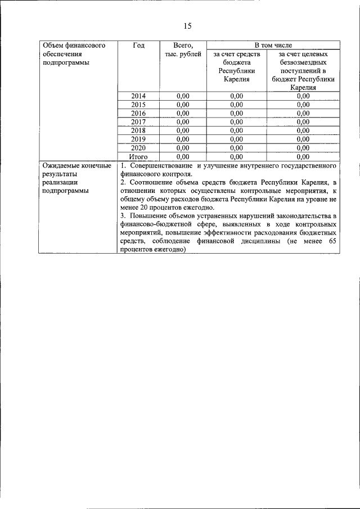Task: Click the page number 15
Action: tap(188, 26)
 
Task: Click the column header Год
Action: tap(138, 45)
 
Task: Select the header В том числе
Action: tap(273, 44)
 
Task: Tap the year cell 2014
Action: tap(138, 96)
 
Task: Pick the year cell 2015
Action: tap(138, 105)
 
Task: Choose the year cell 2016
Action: tap(138, 113)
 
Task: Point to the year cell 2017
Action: tap(138, 121)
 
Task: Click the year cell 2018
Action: tap(138, 130)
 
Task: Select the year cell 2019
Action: tap(138, 139)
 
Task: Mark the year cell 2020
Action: tap(138, 147)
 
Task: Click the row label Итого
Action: tap(138, 156)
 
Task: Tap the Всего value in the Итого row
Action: tap(183, 156)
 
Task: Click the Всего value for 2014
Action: tap(183, 96)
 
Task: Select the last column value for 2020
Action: tap(303, 147)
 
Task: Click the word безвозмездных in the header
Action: tap(303, 62)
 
